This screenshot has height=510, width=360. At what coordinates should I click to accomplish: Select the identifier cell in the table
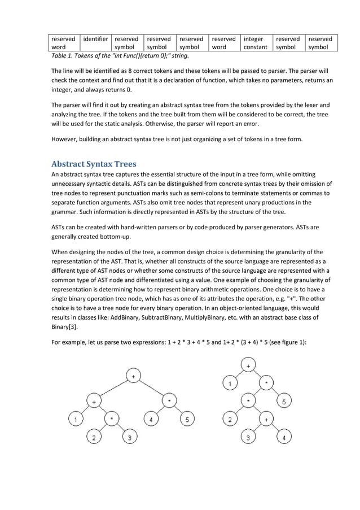pyautogui.click(x=95, y=39)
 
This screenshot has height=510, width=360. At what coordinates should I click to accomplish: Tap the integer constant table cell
pyautogui.click(x=255, y=43)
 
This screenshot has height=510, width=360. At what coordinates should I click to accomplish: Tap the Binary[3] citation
pyautogui.click(x=65, y=326)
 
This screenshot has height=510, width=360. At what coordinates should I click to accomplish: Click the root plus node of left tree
pyautogui.click(x=133, y=376)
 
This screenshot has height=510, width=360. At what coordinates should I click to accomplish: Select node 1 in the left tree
pyautogui.click(x=74, y=420)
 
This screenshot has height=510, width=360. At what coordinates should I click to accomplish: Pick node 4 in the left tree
pyautogui.click(x=151, y=420)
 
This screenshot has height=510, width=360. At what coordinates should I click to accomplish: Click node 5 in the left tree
pyautogui.click(x=188, y=420)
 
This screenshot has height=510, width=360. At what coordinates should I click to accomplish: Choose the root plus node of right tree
pyautogui.click(x=248, y=367)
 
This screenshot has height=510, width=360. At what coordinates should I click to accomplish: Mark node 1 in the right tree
pyautogui.click(x=230, y=384)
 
